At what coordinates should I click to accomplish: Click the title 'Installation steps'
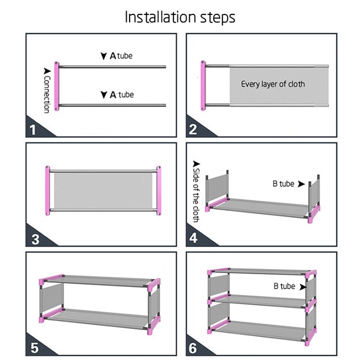coord(180,17)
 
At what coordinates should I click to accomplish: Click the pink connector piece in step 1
coord(56,86)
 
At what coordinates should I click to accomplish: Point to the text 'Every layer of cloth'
coord(273,84)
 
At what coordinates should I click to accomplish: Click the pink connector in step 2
coord(203,86)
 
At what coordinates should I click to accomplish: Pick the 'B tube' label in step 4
coord(283,184)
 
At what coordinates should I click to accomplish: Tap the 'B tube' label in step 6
coord(284,286)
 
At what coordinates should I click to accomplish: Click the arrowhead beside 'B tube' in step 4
coord(301,184)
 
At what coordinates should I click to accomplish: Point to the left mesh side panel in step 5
coord(50,300)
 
